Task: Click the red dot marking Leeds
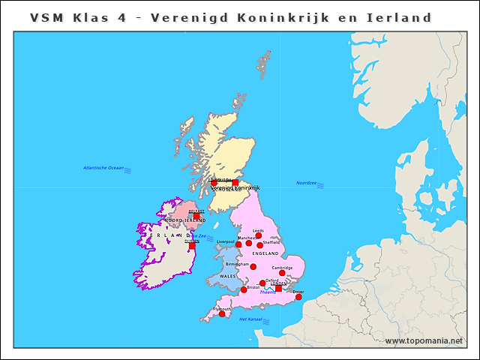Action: click(x=259, y=235)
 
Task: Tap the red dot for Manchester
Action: click(x=249, y=243)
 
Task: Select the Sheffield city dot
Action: click(x=260, y=245)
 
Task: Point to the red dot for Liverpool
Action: click(x=238, y=244)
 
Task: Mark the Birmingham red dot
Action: click(x=253, y=267)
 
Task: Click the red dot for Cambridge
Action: click(x=282, y=273)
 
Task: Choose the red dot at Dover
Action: click(x=298, y=297)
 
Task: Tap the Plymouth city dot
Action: click(x=222, y=314)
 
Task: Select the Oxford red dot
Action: click(x=262, y=283)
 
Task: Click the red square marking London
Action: click(x=278, y=289)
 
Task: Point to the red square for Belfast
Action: click(x=197, y=216)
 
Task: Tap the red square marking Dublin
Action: click(x=192, y=245)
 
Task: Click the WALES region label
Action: click(x=227, y=277)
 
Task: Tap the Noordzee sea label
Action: click(x=306, y=183)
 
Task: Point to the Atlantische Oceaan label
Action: click(x=103, y=168)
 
